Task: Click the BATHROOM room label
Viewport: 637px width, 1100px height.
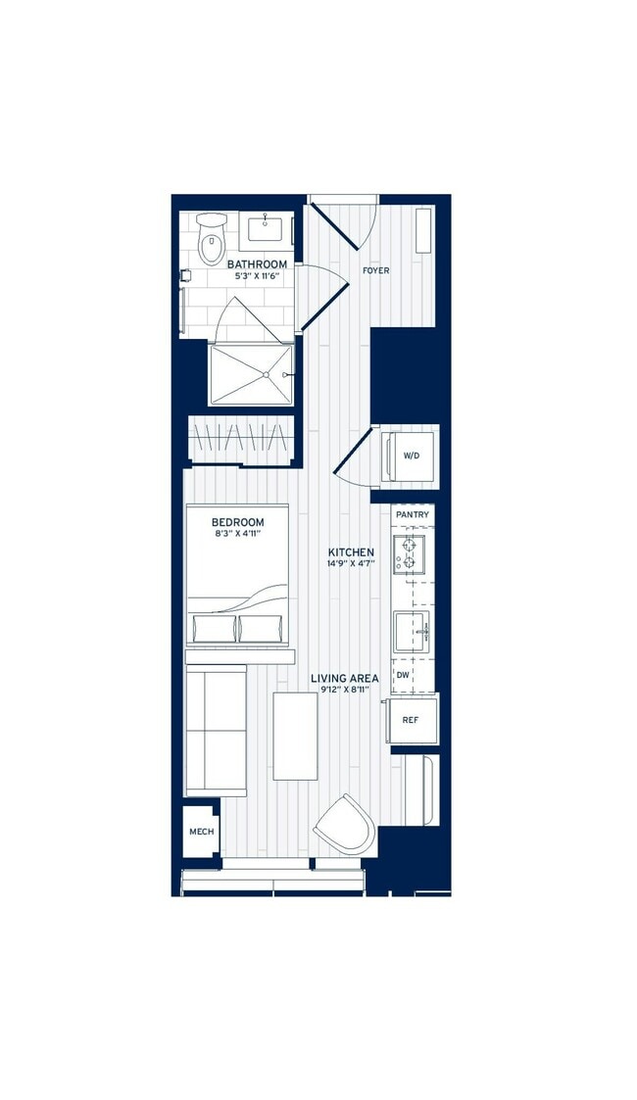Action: [257, 264]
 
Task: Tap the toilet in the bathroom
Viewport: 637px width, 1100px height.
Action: [211, 240]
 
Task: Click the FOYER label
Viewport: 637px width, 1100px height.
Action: [375, 269]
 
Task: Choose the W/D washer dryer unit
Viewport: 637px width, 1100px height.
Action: [411, 455]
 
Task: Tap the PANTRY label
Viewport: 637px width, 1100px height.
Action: [412, 514]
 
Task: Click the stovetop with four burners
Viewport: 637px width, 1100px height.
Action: [408, 554]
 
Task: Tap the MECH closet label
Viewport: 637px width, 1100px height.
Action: [201, 832]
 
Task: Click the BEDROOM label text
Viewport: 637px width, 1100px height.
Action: [237, 522]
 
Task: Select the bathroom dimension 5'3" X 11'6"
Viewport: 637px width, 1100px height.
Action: [257, 277]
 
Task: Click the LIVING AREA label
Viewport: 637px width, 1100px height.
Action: [344, 678]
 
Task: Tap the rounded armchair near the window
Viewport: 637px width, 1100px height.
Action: [345, 825]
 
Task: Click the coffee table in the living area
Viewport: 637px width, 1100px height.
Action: [295, 736]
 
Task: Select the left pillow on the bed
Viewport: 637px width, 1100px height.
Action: [215, 627]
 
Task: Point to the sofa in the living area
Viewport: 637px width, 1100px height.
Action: [216, 730]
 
